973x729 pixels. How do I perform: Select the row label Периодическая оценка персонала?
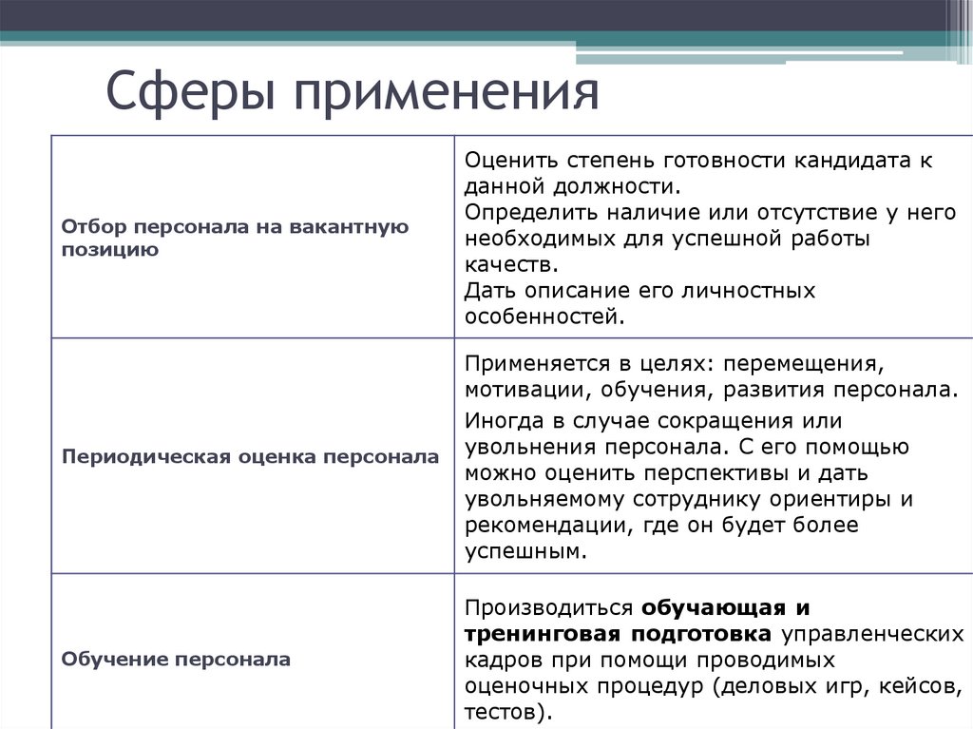251,456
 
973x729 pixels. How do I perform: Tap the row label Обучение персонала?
177,658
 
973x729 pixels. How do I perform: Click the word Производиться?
548,607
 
